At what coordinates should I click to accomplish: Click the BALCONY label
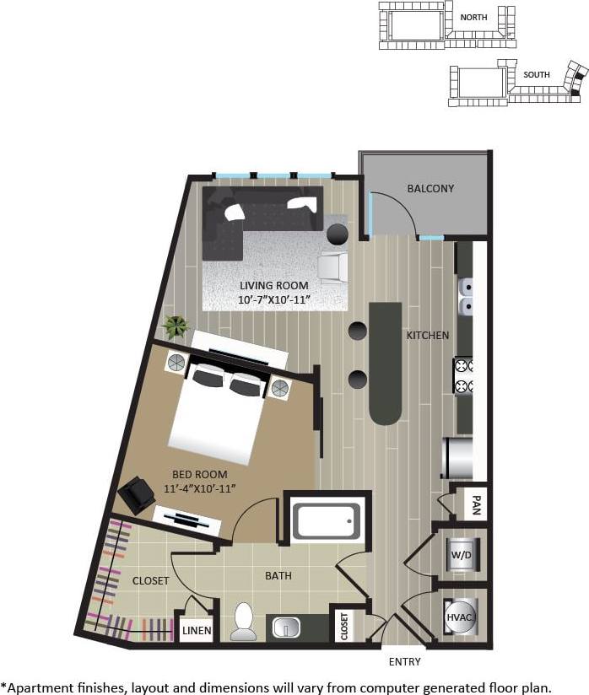[430, 188]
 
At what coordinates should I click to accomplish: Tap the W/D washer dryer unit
[462, 555]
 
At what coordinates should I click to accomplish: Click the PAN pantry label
[476, 505]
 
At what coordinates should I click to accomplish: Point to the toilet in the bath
[244, 622]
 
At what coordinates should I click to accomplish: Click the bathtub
[327, 521]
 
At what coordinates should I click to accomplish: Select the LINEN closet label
[196, 630]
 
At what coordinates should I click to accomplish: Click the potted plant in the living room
[176, 326]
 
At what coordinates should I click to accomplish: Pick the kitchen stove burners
[463, 376]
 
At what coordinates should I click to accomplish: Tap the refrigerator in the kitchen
[461, 457]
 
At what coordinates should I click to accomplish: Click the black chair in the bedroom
[135, 494]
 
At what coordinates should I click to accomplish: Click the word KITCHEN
[428, 335]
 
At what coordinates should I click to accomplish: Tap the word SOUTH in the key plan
[536, 74]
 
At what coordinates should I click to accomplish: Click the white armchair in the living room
[332, 266]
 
